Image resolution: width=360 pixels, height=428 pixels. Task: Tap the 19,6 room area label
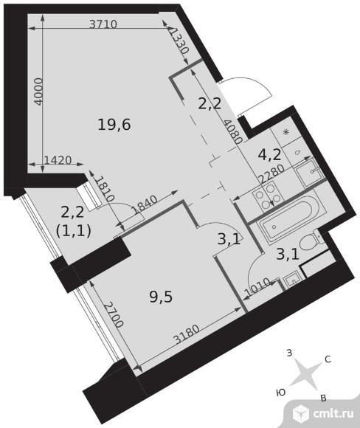tap(114, 125)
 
